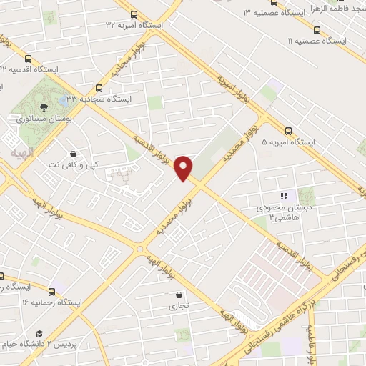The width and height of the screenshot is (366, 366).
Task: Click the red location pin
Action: [184, 167]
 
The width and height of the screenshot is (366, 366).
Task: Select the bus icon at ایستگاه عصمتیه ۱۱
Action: [317, 30]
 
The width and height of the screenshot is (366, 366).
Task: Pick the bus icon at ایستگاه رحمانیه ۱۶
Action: [52, 291]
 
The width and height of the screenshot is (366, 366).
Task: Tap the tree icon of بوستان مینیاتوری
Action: [45, 107]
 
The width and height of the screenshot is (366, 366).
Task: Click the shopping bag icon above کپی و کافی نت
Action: [74, 154]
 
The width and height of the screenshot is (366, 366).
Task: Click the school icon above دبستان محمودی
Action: [284, 196]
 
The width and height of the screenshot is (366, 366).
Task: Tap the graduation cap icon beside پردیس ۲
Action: [39, 333]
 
